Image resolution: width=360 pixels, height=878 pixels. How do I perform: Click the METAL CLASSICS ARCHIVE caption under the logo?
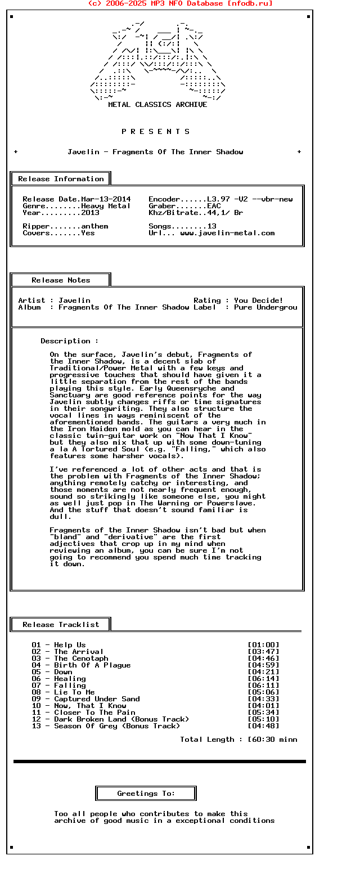click(x=157, y=105)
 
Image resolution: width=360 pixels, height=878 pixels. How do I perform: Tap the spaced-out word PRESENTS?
click(x=156, y=132)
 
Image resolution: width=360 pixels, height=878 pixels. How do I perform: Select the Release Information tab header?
click(x=61, y=179)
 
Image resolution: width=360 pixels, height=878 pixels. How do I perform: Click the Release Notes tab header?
click(x=61, y=280)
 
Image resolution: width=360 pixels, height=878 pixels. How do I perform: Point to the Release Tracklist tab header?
click(x=61, y=625)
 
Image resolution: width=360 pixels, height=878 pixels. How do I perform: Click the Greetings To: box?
click(x=146, y=794)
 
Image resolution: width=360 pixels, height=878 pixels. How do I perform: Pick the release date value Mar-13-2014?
click(x=106, y=199)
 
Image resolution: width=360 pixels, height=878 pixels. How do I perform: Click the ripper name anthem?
click(x=94, y=226)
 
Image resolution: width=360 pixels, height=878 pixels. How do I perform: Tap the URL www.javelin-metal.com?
click(x=227, y=233)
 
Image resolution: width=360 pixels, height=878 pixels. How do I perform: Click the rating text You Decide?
click(x=259, y=301)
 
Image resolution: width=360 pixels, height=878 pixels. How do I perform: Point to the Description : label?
click(x=69, y=341)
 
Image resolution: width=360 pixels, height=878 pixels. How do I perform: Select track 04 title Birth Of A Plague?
click(x=92, y=665)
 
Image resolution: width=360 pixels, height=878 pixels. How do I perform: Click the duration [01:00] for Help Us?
click(x=263, y=645)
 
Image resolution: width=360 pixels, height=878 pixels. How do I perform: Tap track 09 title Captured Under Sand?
click(x=97, y=699)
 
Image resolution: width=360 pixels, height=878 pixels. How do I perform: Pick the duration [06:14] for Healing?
click(x=263, y=679)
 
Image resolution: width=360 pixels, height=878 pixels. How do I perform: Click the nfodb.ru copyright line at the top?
click(x=180, y=3)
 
